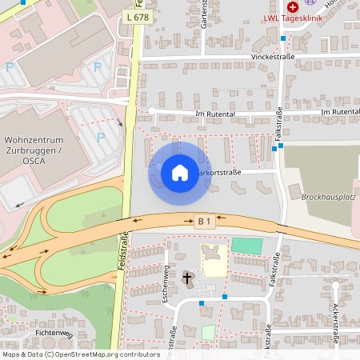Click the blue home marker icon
180,172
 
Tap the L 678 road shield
137,17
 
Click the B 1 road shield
206,220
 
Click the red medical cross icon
293,6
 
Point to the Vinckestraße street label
273,57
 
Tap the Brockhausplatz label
327,195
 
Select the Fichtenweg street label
54,333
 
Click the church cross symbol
188,278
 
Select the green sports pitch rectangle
246,246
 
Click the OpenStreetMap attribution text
80,354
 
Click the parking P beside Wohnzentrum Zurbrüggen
100,136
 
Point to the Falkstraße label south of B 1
274,268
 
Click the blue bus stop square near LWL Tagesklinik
282,38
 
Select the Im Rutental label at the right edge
339,112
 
